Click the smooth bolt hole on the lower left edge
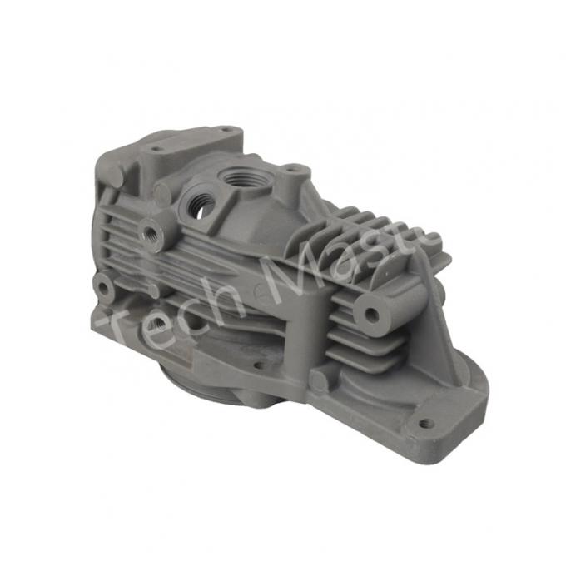tap(104, 288)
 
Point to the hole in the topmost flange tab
tap(224, 129)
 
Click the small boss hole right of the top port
tap(292, 176)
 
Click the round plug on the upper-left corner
tap(112, 176)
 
